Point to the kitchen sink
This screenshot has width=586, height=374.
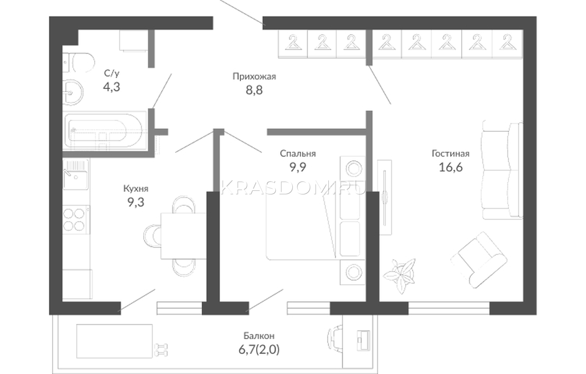click(x=76, y=174)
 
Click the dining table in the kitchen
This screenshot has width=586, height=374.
click(x=183, y=236)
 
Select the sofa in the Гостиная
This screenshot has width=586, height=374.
click(x=502, y=170)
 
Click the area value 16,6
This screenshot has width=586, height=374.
click(x=450, y=167)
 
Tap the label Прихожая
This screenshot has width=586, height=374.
click(x=254, y=77)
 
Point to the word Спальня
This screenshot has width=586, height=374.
click(x=298, y=153)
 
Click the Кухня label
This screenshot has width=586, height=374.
click(x=136, y=188)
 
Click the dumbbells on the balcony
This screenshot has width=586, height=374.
click(x=161, y=350)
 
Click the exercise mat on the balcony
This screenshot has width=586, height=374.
click(x=114, y=341)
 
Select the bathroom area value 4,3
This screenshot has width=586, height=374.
click(x=111, y=87)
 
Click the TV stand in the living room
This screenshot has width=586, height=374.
click(x=385, y=197)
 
